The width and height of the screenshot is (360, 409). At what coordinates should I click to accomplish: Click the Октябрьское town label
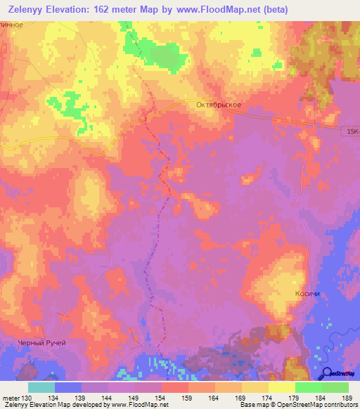click(219, 105)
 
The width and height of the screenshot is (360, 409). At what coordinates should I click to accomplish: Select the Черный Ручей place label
click(41, 342)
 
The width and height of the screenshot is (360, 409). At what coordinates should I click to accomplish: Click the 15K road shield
click(352, 131)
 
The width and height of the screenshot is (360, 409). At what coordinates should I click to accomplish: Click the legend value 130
click(28, 398)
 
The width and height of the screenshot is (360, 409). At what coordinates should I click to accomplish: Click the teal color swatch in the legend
click(41, 387)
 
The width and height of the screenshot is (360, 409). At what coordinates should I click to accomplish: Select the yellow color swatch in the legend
click(282, 387)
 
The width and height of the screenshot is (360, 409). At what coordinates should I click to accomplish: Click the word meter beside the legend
click(11, 398)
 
